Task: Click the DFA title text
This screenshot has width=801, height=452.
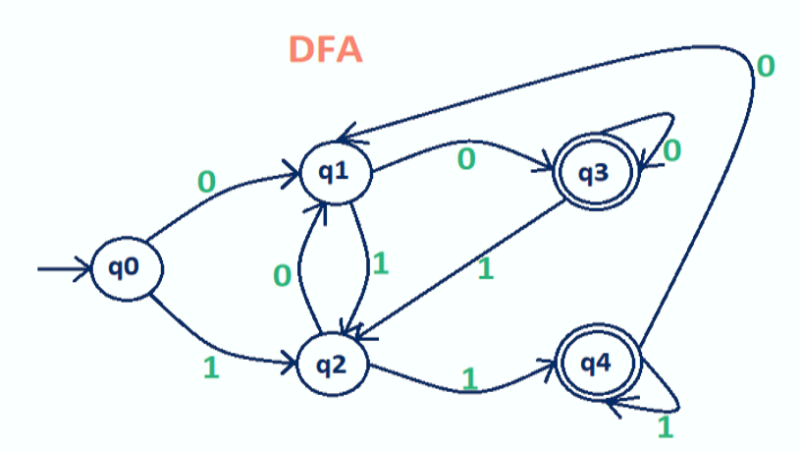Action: pos(326,49)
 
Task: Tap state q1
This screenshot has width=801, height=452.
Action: pos(334,173)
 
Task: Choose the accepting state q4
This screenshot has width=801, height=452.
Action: pos(595,364)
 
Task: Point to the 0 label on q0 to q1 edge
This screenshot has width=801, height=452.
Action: pos(206,182)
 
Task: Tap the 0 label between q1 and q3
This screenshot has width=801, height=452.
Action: pos(468,158)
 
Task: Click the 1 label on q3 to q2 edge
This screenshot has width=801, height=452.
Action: pos(484,268)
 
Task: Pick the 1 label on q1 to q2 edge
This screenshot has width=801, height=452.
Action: pos(383,263)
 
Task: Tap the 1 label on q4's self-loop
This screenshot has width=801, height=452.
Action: pos(665,426)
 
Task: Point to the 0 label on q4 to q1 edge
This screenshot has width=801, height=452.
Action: pos(766,66)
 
